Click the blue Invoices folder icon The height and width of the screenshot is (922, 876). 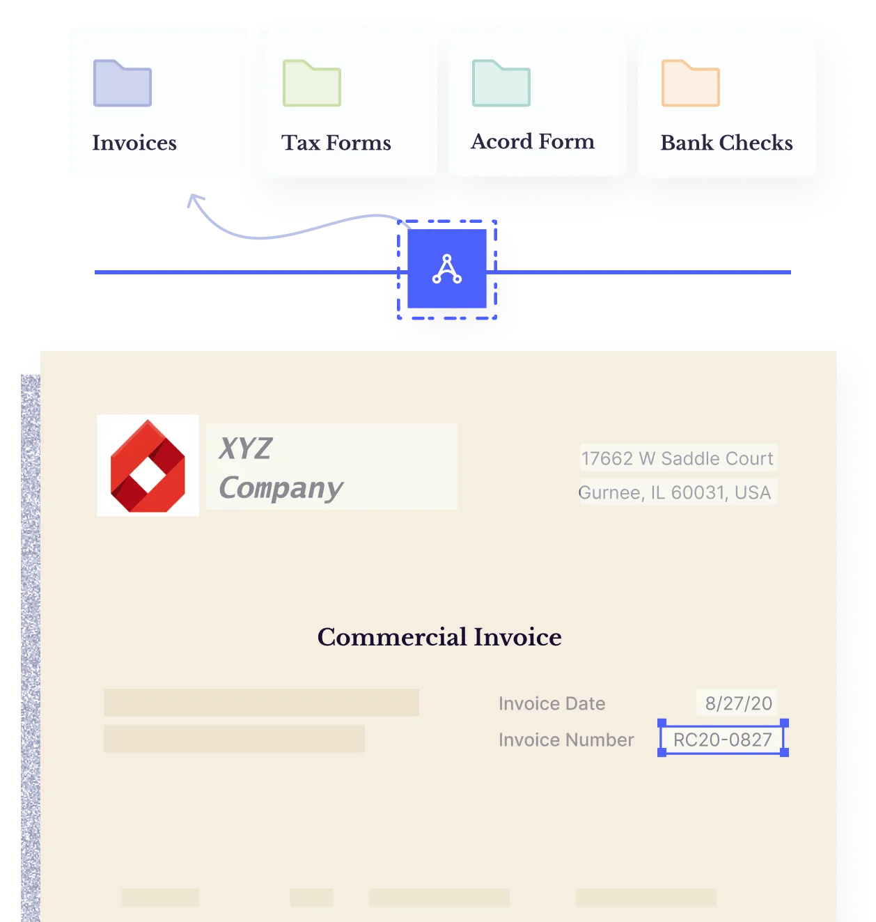[x=123, y=84]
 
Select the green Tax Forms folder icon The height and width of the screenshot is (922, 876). [x=312, y=84]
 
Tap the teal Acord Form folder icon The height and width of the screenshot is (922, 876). [x=501, y=84]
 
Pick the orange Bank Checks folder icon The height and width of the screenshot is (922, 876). [x=691, y=84]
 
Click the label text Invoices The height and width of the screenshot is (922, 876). [x=134, y=143]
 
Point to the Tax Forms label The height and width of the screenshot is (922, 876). [x=336, y=143]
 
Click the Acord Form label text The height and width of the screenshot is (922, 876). [x=533, y=141]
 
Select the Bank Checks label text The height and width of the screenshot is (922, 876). [x=726, y=143]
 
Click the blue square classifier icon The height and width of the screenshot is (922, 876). [x=447, y=269]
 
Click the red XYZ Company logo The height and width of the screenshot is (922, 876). [x=148, y=466]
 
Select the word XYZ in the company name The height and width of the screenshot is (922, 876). [x=245, y=449]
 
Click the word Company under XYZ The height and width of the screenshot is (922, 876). [x=281, y=488]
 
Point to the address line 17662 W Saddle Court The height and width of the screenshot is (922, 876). [x=678, y=458]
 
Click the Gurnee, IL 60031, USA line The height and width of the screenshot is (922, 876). [x=675, y=492]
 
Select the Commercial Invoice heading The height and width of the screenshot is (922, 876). [x=439, y=637]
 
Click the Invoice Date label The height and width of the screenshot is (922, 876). [x=552, y=703]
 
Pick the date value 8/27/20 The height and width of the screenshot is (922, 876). [x=738, y=703]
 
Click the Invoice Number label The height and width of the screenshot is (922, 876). [x=566, y=740]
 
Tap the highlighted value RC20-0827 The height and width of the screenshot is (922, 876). [x=723, y=740]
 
